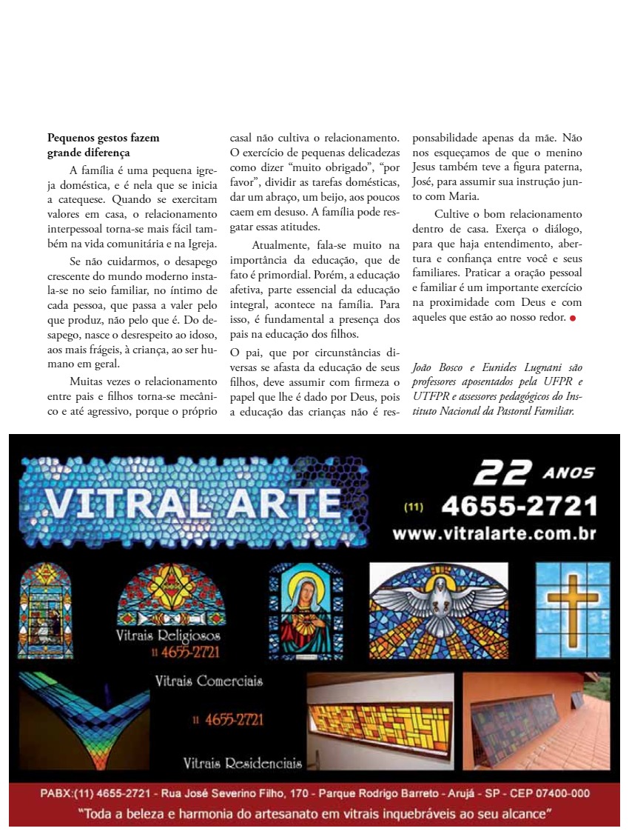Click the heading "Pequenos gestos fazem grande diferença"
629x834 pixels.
click(x=103, y=145)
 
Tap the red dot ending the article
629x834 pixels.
click(x=573, y=318)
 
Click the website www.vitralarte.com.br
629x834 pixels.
click(x=494, y=533)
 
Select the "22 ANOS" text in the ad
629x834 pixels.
click(x=533, y=473)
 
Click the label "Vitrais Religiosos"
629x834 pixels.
click(x=167, y=636)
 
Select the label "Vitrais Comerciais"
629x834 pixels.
click(x=209, y=681)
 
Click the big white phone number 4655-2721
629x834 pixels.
click(x=519, y=507)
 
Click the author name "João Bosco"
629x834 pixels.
click(x=437, y=368)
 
